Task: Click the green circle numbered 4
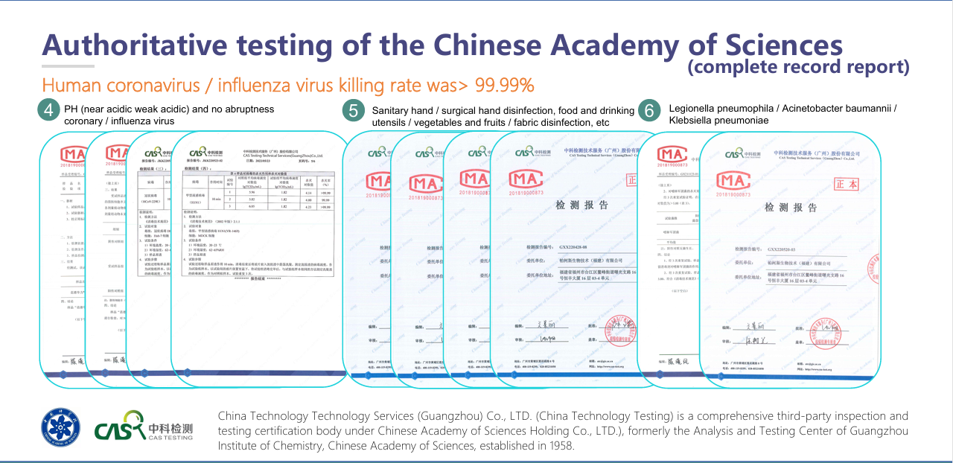coord(48,111)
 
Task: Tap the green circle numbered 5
coord(354,111)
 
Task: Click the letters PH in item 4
coord(71,109)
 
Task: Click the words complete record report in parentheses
coord(798,67)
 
